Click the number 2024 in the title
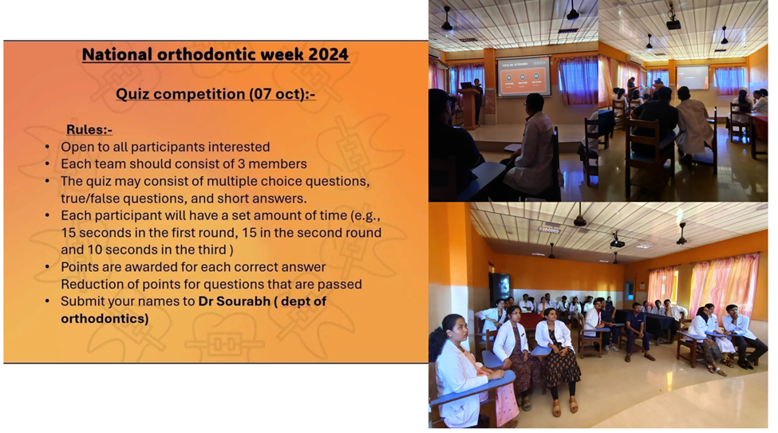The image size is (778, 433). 328,54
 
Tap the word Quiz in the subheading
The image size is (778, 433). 132,94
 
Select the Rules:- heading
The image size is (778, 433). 89,129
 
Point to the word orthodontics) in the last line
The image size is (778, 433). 105,318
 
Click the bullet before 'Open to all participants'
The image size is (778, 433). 48,148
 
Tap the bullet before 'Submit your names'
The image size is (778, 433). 48,301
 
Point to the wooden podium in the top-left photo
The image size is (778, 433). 467,108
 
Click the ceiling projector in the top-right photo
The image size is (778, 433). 673,23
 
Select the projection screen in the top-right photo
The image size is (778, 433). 693,77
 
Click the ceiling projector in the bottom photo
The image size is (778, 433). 617,242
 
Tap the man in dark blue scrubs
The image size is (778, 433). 637,330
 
